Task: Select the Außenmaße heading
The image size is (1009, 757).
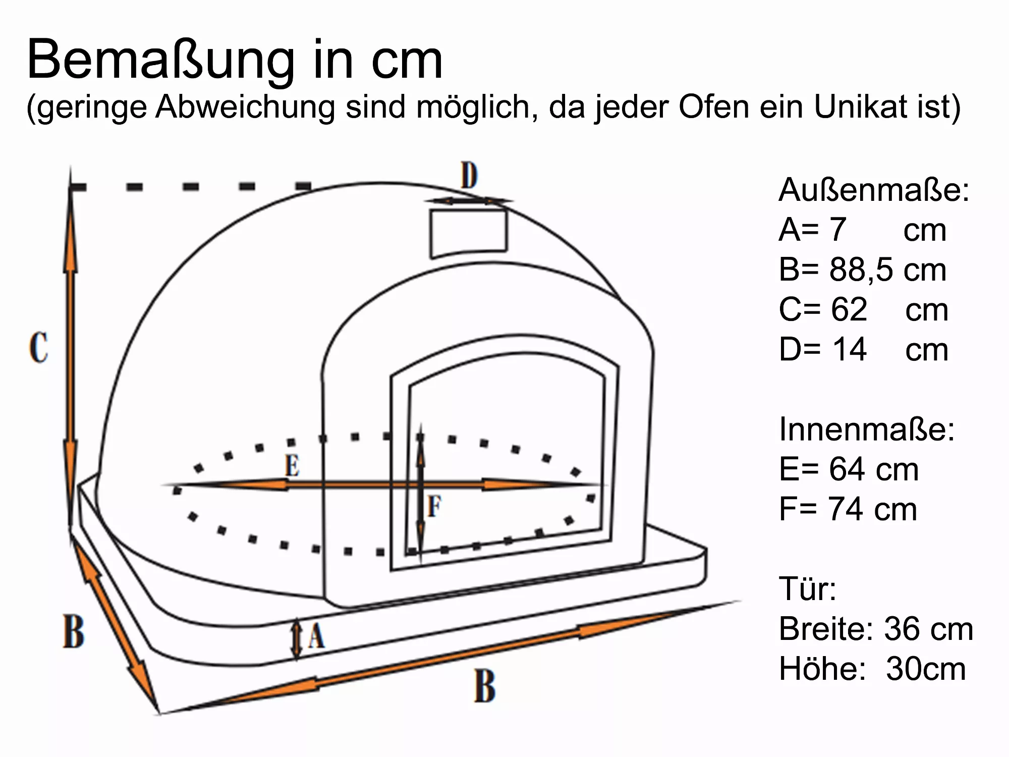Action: [873, 190]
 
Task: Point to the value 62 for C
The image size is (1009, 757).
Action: [849, 309]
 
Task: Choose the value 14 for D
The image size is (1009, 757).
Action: [849, 349]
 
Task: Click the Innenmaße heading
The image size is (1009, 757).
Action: [867, 429]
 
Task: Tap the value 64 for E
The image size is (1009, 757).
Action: [847, 469]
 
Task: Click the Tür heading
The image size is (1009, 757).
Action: [808, 589]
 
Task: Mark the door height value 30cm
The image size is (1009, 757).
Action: [925, 669]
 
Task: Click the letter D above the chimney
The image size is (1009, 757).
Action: [469, 175]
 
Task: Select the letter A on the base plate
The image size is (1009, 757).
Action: [316, 636]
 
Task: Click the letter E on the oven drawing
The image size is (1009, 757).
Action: [292, 465]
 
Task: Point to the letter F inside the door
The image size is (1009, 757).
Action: [434, 506]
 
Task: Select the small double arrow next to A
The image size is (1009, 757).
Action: [297, 638]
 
